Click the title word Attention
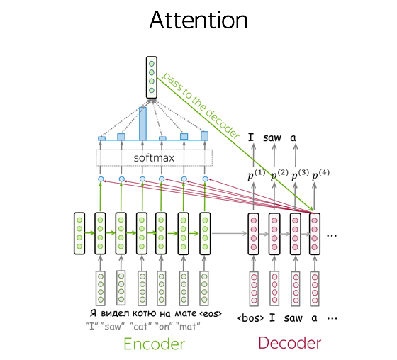198,20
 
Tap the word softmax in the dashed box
154,158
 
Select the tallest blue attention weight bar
142,123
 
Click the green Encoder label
155,344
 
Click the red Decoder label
290,343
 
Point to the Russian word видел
115,313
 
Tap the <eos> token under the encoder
211,314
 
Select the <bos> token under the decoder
250,318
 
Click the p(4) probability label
320,174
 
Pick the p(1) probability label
257,174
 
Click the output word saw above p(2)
272,137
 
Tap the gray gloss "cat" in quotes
141,326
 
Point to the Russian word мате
186,313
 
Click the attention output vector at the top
152,77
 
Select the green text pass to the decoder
201,105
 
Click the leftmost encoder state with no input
79,233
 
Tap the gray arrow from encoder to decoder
229,233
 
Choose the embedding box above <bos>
254,289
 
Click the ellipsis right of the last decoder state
332,236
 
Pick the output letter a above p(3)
293,138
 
